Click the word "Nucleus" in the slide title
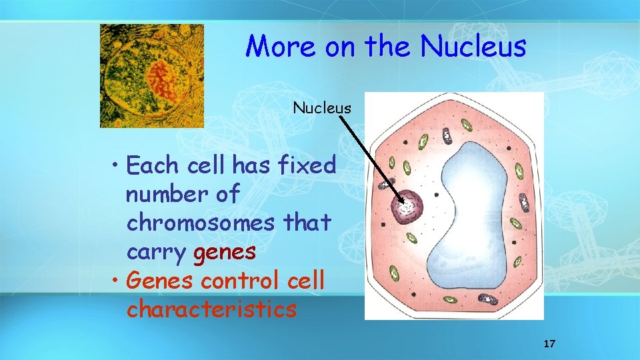click(x=473, y=47)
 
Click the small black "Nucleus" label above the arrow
click(x=322, y=108)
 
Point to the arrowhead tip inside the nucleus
click(x=404, y=202)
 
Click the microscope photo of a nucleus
click(x=152, y=76)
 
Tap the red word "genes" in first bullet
click(x=225, y=252)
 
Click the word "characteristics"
click(x=211, y=309)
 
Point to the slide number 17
click(x=549, y=344)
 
